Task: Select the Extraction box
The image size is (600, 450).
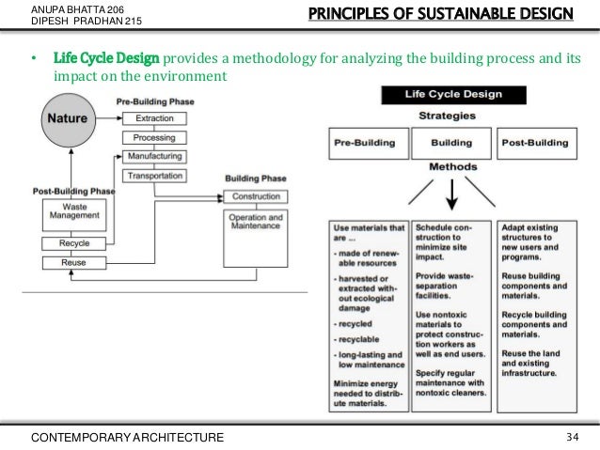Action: [153, 119]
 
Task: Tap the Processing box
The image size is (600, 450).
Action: [153, 137]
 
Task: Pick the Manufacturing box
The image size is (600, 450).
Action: [153, 155]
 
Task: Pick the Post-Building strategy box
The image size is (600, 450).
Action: [535, 144]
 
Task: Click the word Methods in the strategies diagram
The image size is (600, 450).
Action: [450, 164]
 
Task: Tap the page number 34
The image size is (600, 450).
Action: [573, 437]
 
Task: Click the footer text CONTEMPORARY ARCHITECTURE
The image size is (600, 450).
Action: [128, 437]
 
